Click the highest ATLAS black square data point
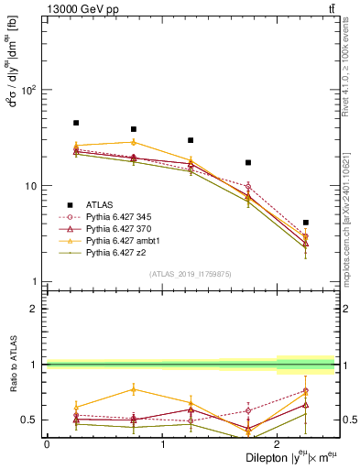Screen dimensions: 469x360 tap(76, 123)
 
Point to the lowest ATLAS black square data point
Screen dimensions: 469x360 tap(306, 223)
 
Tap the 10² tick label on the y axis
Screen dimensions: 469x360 tap(30, 90)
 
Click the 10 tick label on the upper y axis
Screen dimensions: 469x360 tap(32, 186)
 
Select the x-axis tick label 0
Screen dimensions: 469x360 tap(47, 444)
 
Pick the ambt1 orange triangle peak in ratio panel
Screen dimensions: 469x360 tap(134, 389)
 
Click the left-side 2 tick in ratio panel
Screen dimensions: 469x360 tap(37, 309)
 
